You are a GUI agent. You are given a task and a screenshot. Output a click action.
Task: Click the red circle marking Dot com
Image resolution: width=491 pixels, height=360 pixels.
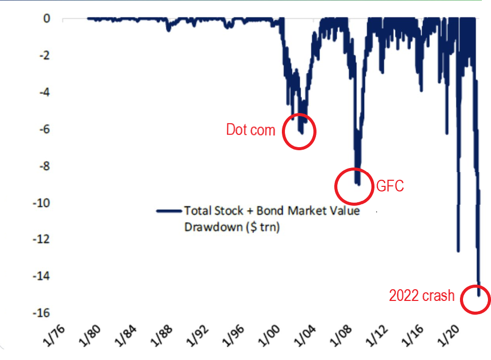click(x=299, y=131)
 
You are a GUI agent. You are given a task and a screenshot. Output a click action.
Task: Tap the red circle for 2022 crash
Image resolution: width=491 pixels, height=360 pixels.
click(x=476, y=299)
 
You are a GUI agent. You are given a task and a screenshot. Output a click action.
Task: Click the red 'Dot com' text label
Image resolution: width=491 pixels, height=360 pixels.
click(x=250, y=130)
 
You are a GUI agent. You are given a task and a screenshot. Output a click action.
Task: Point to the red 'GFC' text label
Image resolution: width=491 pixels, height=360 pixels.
click(x=390, y=186)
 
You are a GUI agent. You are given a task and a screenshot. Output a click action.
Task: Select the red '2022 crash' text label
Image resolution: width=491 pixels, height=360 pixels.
click(x=422, y=295)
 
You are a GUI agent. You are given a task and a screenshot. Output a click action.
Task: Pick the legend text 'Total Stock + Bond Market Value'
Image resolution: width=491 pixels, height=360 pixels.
click(x=271, y=211)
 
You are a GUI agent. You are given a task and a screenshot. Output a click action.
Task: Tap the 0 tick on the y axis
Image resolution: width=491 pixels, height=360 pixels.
click(x=47, y=19)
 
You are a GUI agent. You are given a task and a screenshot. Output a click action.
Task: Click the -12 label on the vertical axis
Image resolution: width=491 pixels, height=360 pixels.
click(x=42, y=239)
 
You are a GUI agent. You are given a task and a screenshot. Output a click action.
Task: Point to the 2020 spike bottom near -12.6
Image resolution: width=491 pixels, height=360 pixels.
click(x=458, y=250)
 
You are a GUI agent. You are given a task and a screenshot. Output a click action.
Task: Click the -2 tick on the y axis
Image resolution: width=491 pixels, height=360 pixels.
click(x=44, y=56)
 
